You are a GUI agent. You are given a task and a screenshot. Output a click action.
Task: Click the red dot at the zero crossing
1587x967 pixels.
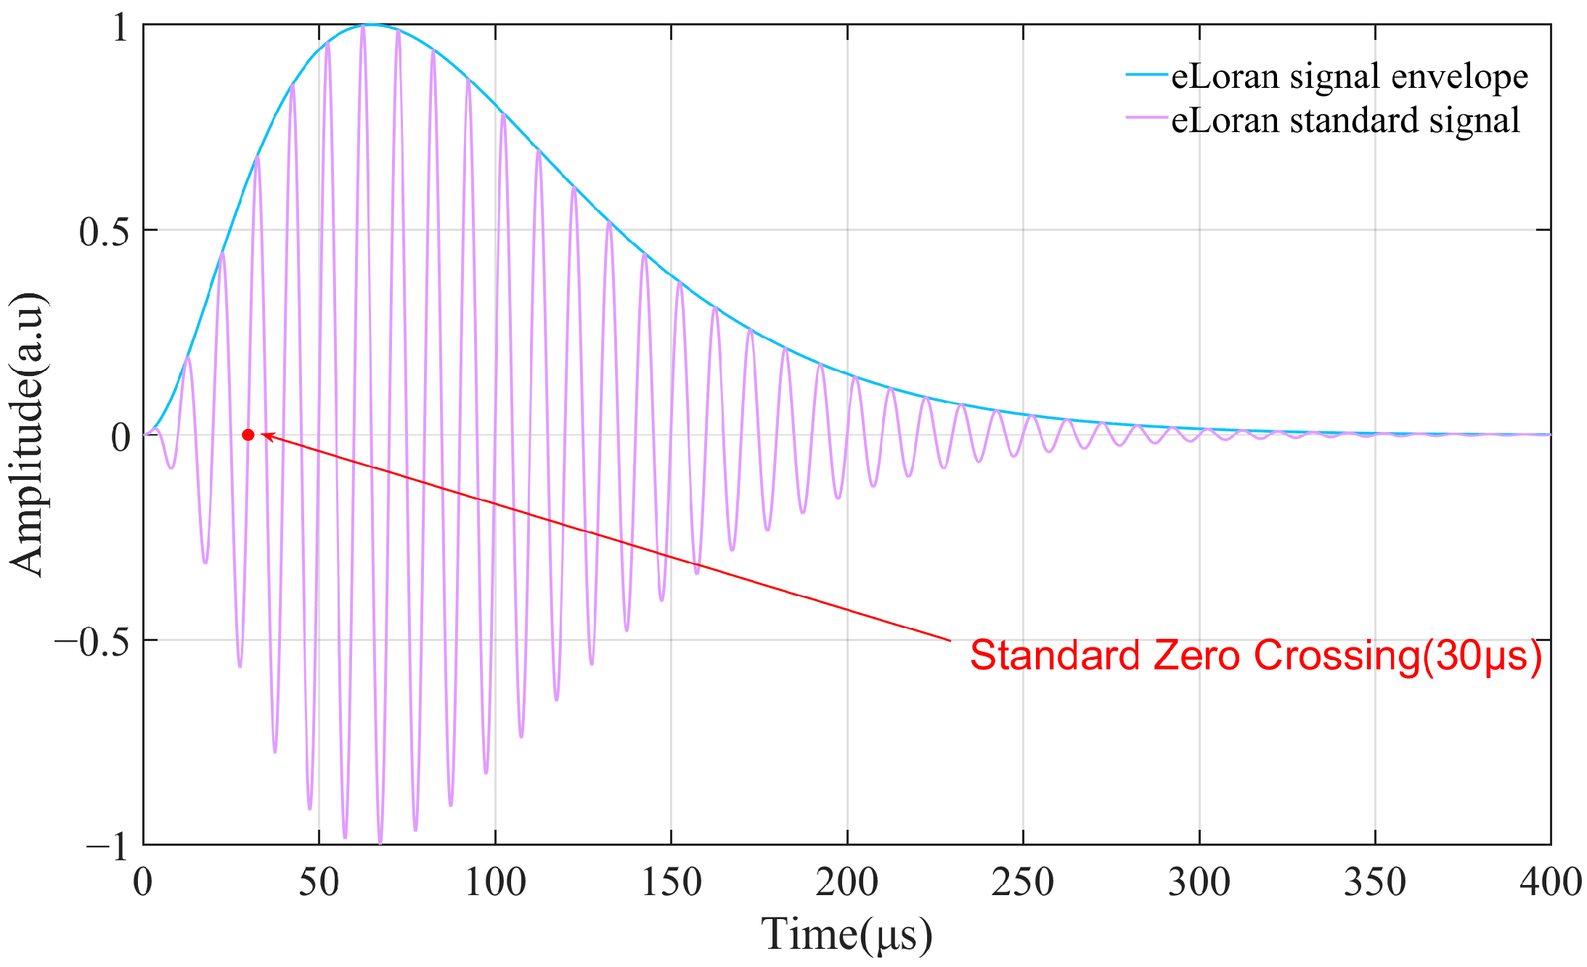click(248, 435)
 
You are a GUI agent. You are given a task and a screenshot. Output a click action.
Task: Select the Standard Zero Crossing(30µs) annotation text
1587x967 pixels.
click(1256, 656)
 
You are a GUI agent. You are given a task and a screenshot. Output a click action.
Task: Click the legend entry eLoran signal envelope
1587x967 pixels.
click(1349, 76)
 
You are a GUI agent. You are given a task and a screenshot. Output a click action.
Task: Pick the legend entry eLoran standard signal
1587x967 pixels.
click(1345, 120)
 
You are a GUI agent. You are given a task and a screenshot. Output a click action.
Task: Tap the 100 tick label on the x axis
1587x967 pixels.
click(495, 883)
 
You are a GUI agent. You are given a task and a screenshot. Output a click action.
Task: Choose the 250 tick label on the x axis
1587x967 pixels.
click(1022, 883)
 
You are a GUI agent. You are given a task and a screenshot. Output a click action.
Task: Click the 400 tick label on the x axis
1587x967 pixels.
click(1551, 883)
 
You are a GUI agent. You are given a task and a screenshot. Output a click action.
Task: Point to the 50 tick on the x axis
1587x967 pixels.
click(319, 883)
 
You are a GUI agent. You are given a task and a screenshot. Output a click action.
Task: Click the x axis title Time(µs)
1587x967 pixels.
click(846, 935)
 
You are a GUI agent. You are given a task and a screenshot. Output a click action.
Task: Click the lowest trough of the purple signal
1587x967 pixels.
click(380, 842)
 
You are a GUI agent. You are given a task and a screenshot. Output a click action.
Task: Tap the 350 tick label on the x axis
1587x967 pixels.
click(1374, 883)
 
